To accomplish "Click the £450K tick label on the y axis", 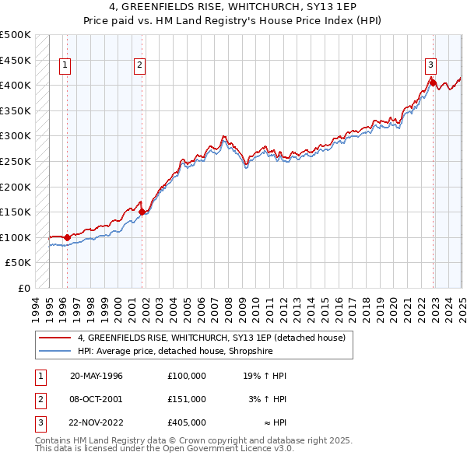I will [x=16, y=60].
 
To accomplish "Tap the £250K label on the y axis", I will [x=16, y=161].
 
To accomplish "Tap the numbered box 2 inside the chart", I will [x=139, y=65].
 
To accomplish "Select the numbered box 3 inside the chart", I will [x=430, y=65].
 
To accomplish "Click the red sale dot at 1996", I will [x=67, y=237].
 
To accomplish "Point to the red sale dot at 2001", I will [x=142, y=211].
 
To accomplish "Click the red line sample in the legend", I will [x=55, y=338].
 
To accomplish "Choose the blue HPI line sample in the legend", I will [x=55, y=351].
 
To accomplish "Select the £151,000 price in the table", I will [x=186, y=399].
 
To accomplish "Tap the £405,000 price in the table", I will [x=186, y=422].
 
